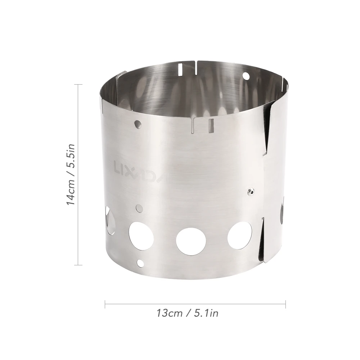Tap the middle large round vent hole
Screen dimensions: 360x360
[x=191, y=242]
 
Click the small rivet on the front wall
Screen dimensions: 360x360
[x=251, y=190]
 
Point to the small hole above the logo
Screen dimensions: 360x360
[x=138, y=124]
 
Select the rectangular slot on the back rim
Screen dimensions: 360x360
[x=180, y=68]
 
